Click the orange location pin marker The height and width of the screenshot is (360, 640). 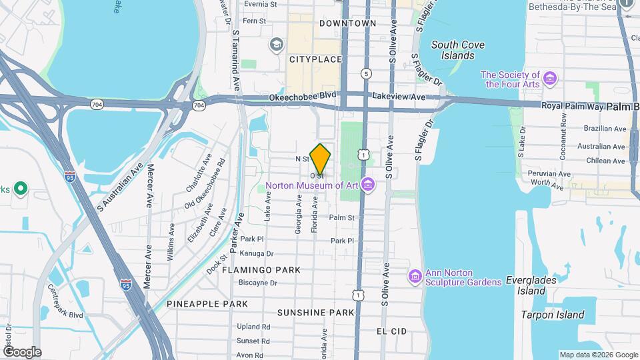321,159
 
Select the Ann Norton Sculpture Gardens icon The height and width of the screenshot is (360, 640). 414,275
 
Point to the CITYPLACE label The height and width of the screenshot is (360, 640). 315,59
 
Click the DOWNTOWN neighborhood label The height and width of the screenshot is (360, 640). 347,23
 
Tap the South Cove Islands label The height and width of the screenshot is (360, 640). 458,50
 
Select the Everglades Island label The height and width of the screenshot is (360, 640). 531,285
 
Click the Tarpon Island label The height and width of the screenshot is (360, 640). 553,315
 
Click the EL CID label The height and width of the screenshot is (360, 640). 391,331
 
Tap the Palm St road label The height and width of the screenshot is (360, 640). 341,217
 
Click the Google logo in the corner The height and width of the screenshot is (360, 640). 22,351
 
